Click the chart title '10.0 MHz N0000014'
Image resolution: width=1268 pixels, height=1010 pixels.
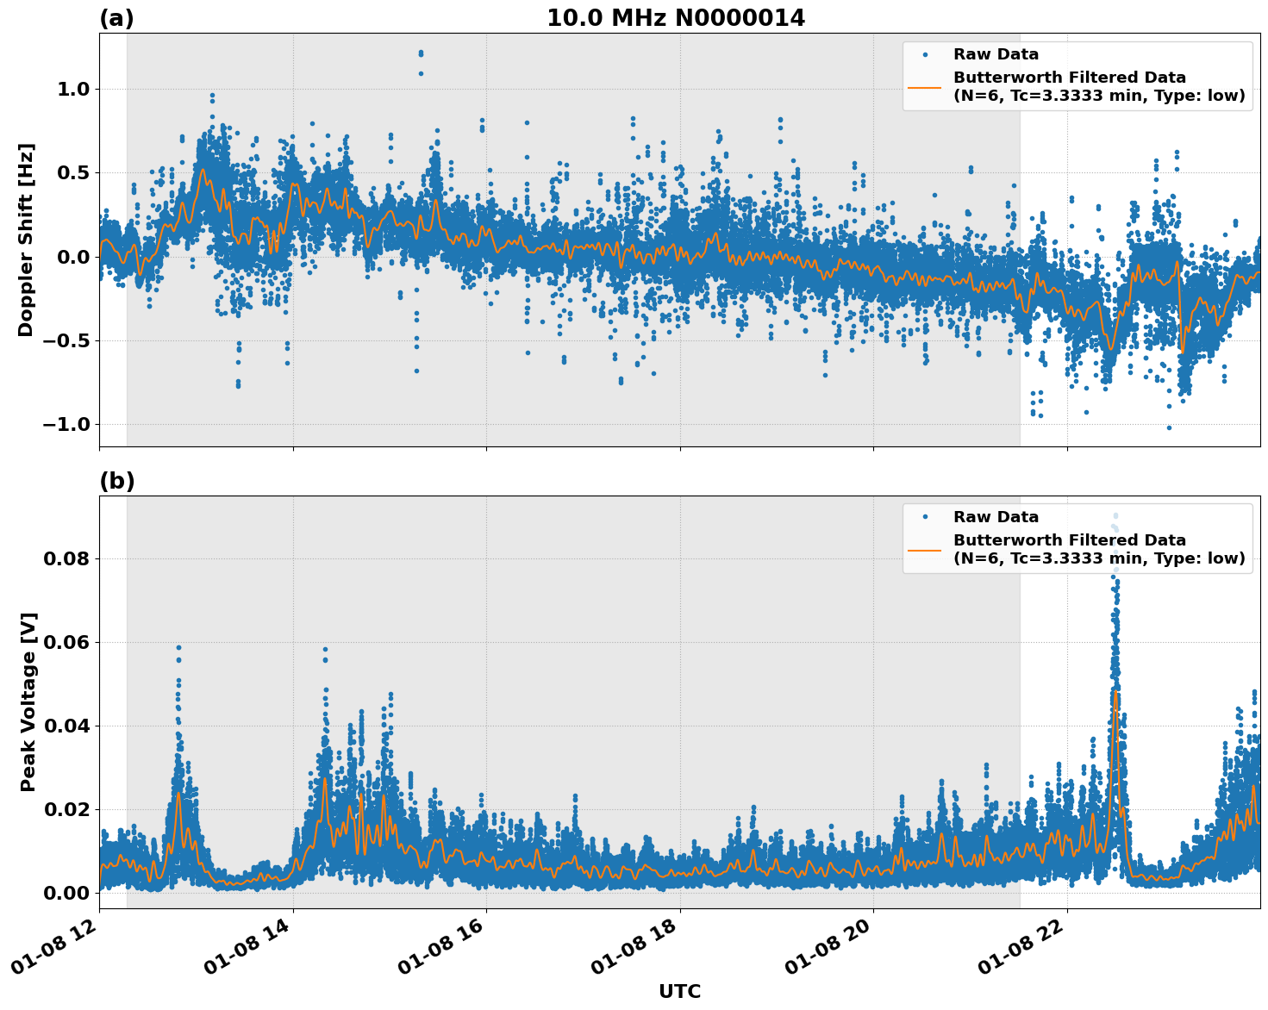point(675,18)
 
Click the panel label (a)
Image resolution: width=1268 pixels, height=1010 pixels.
point(116,18)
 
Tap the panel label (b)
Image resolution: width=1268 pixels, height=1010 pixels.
point(116,481)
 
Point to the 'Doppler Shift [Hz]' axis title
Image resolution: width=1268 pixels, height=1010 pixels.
point(26,240)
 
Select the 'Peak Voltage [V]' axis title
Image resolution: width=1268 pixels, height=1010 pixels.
point(28,701)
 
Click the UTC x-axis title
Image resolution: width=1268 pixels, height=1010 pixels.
point(679,991)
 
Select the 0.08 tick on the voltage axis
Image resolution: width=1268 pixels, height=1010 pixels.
point(66,558)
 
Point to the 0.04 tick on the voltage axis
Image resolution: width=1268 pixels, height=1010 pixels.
point(66,726)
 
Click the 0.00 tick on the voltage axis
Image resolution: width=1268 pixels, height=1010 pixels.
point(66,893)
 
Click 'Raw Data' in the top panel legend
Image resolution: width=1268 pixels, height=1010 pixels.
point(996,55)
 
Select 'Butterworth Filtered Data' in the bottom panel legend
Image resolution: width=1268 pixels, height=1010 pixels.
point(1069,540)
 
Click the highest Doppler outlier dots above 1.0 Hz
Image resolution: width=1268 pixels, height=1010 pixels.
point(421,53)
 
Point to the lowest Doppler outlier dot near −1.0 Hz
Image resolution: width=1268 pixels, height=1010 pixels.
point(1169,427)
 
